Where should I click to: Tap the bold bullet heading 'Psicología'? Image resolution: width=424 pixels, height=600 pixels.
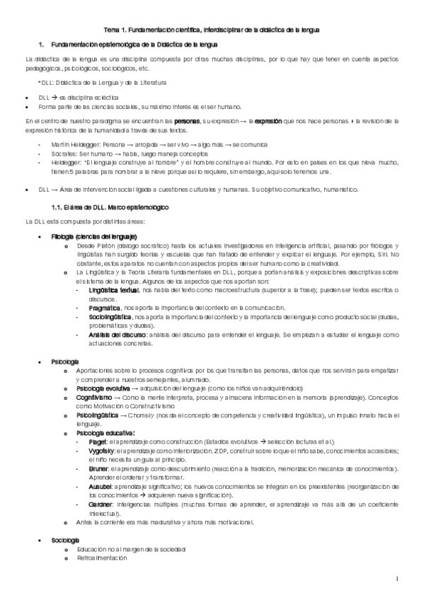[65, 362]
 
